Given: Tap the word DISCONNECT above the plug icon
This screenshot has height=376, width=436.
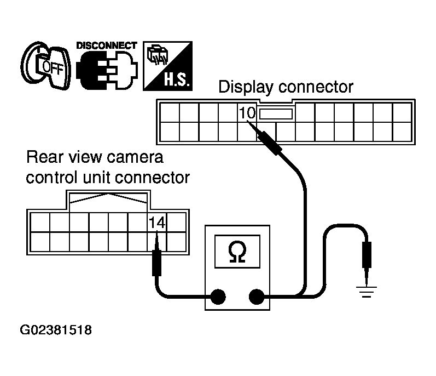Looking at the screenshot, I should tap(106, 45).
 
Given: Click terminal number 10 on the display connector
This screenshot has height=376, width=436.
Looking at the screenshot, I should tap(247, 113).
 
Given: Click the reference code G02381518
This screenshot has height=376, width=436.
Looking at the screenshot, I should tap(56, 331).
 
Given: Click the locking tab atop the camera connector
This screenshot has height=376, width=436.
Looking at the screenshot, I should tap(107, 200).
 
